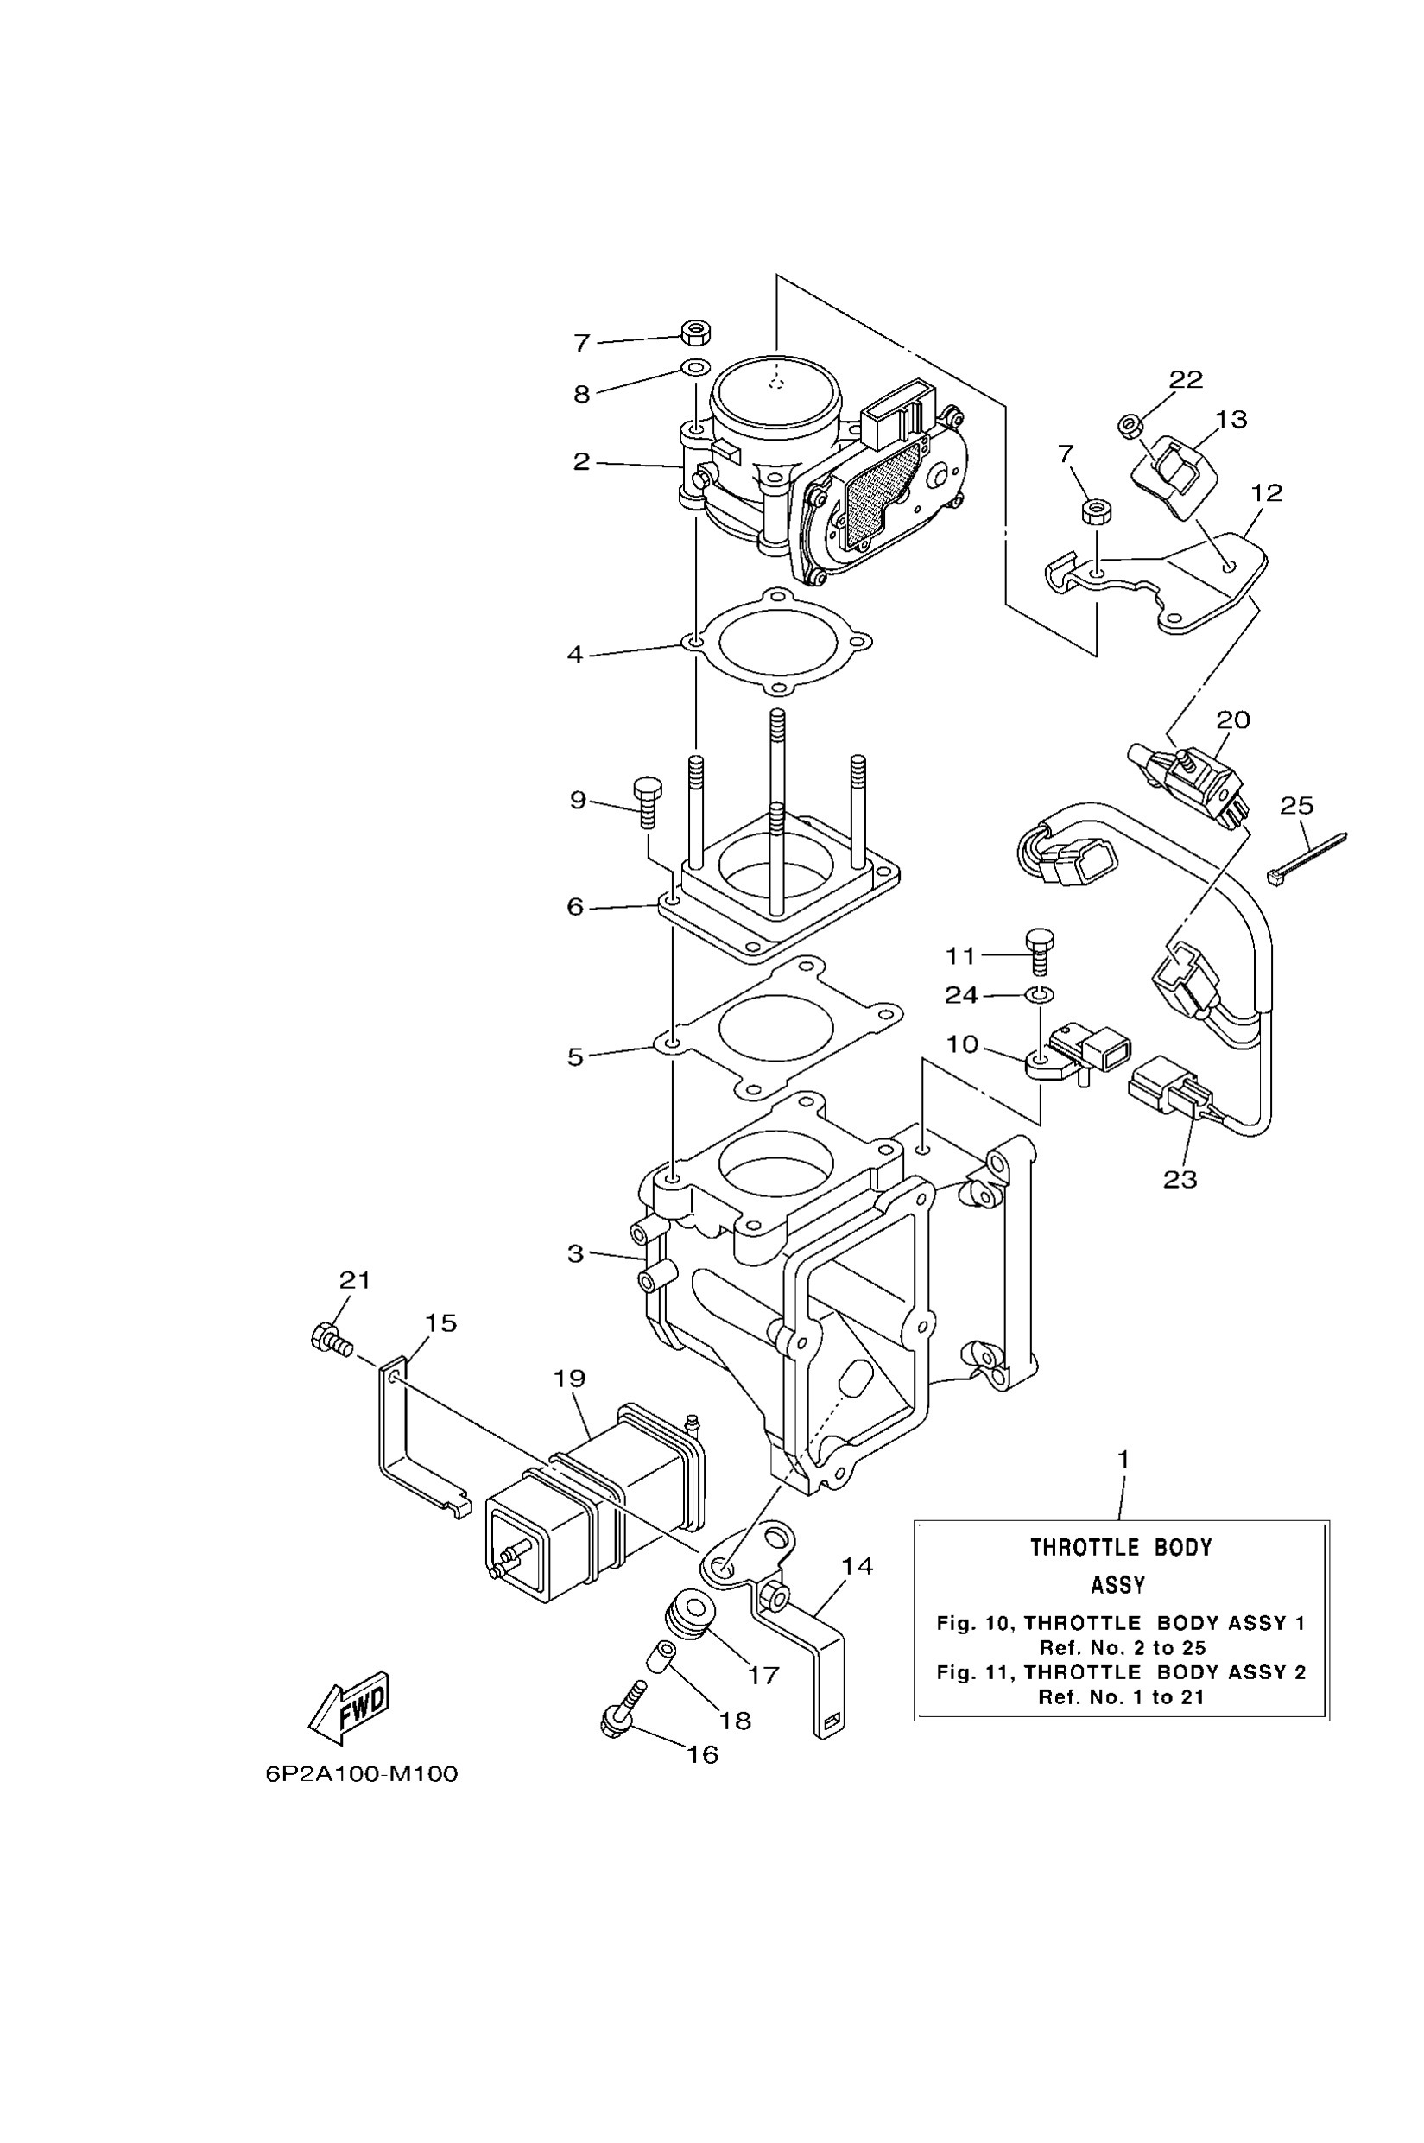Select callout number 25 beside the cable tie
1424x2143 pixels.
1297,806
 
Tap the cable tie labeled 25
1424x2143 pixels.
1306,859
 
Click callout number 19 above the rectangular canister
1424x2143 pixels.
569,1378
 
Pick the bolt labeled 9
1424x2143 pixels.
648,802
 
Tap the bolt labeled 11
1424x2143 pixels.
1040,951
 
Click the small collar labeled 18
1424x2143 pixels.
661,1655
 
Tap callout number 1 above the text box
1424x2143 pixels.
1123,1460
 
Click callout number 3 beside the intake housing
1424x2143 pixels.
575,1253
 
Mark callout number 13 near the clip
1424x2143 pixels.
1231,419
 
